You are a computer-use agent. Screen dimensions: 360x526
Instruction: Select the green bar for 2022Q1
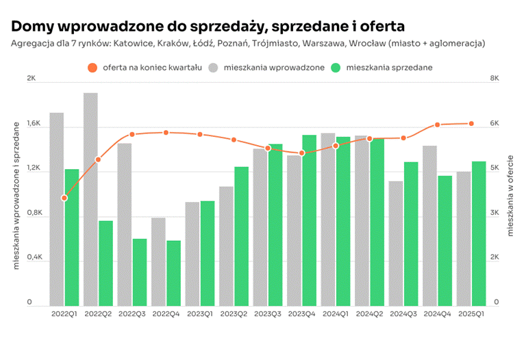[72, 237]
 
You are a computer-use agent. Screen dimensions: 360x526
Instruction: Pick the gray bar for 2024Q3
[395, 243]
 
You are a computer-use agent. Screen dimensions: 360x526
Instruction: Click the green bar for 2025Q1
[479, 233]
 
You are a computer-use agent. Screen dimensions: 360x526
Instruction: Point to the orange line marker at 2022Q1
[64, 198]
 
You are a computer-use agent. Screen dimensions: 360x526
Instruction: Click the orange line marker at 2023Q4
[302, 153]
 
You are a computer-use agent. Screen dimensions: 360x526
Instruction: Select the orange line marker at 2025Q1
[471, 123]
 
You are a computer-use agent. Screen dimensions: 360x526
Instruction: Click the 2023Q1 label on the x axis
[199, 314]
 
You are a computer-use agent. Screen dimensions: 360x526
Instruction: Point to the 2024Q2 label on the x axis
[369, 314]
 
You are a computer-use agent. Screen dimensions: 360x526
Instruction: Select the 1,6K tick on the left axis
[34, 125]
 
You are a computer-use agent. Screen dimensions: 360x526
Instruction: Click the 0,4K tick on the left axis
[34, 257]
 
